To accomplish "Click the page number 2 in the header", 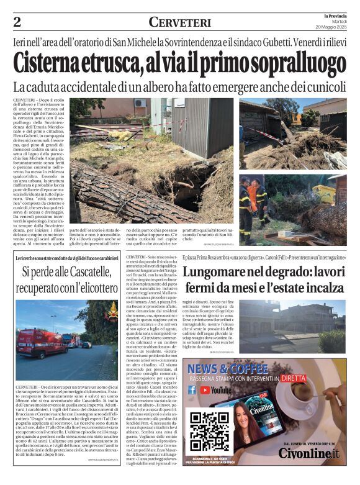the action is [x=17, y=22].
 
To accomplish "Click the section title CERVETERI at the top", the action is [x=179, y=22].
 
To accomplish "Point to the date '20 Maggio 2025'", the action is [x=333, y=27].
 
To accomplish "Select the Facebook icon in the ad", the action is [x=192, y=390].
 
